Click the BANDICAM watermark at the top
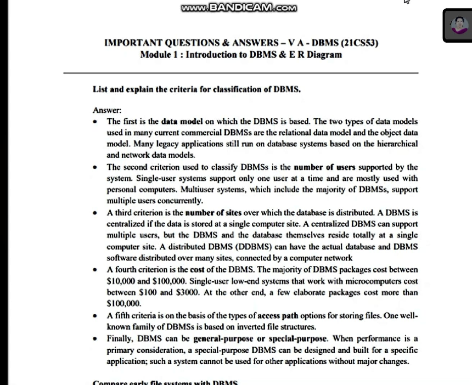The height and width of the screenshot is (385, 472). [239, 7]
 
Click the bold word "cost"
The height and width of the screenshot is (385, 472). [197, 270]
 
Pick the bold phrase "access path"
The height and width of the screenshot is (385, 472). [278, 315]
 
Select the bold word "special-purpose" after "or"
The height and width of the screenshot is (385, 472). [297, 338]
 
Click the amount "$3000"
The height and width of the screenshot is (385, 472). [187, 293]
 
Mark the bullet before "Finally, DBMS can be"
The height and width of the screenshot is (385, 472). [95, 339]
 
